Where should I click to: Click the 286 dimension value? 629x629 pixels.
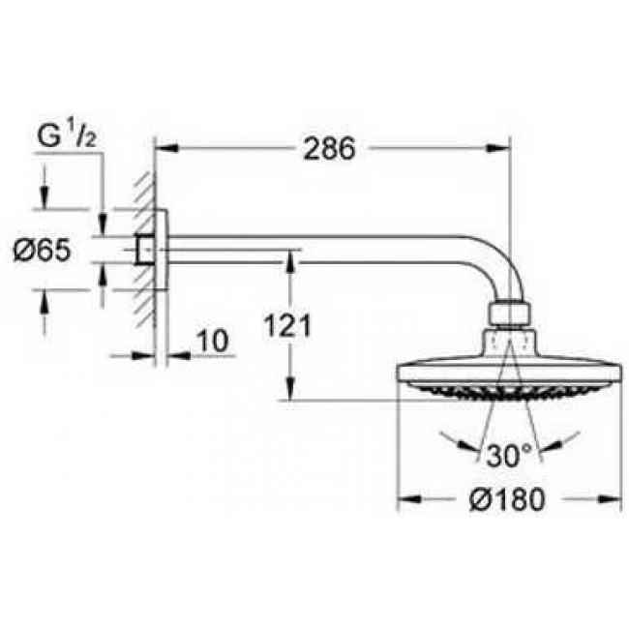point(329,148)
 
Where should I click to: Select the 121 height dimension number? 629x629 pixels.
point(286,327)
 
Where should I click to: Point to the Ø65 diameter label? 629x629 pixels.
point(42,252)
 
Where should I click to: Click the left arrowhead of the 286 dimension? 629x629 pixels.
point(165,148)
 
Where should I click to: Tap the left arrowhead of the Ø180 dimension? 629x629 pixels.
point(405,499)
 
